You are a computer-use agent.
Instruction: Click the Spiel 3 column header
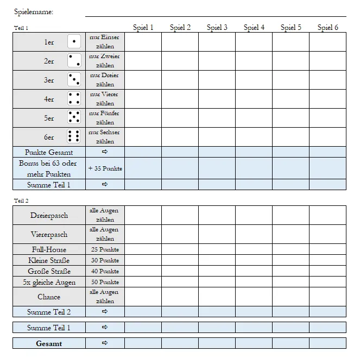click(217, 27)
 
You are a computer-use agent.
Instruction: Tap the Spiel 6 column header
click(327, 27)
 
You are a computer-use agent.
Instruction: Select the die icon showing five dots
click(74, 117)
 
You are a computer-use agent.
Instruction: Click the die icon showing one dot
click(74, 41)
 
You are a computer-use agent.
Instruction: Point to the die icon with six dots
click(74, 136)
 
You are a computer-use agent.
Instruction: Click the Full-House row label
click(49, 249)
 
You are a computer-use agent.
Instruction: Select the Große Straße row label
click(49, 271)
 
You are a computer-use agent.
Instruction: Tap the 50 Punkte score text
click(105, 282)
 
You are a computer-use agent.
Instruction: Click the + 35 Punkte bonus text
click(105, 168)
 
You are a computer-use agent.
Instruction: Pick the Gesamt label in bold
click(49, 343)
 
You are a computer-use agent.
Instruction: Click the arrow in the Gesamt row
click(105, 343)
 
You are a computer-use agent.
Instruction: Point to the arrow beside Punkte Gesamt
click(105, 152)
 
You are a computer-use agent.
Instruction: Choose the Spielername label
click(34, 11)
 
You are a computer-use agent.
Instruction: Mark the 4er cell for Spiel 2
click(180, 99)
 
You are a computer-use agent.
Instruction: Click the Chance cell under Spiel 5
click(290, 297)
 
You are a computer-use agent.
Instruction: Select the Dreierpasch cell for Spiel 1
click(143, 215)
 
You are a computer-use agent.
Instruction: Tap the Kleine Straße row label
click(49, 260)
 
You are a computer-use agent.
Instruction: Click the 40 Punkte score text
click(105, 271)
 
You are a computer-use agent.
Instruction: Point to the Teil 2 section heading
click(21, 200)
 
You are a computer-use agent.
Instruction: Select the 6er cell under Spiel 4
click(254, 137)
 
